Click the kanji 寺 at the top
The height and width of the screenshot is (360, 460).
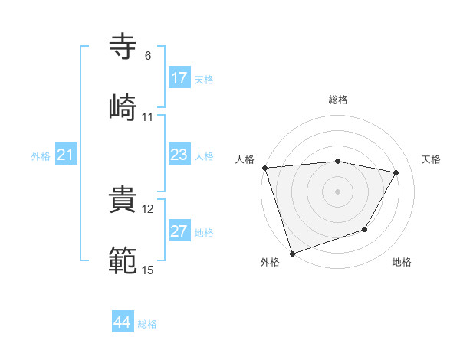[123, 47]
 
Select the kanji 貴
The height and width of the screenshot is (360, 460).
[123, 198]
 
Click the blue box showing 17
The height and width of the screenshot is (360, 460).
[179, 78]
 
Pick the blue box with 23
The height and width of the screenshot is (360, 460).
[179, 155]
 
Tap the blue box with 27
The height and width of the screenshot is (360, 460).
[179, 231]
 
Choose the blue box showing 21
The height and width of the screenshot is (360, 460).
[66, 155]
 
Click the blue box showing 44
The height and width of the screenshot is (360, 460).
[123, 322]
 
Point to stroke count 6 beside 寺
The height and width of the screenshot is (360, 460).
[147, 56]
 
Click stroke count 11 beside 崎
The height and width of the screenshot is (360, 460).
[147, 116]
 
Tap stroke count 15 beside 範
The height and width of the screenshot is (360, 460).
[147, 269]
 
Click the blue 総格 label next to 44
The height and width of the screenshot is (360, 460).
[147, 324]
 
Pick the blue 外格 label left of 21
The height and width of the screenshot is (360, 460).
[41, 156]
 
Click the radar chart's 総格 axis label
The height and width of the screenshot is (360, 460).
[337, 100]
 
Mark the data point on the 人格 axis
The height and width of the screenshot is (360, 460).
[264, 168]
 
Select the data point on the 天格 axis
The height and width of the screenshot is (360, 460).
[396, 172]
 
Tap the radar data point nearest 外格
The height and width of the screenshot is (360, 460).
[292, 253]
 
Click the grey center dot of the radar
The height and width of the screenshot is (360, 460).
[337, 191]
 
